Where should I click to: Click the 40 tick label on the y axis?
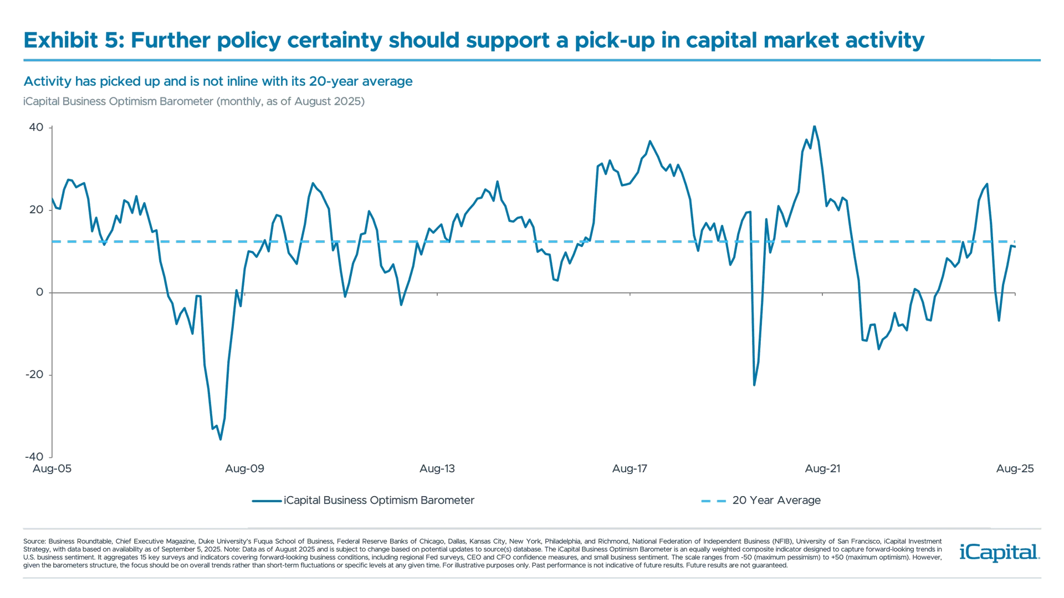tap(35, 127)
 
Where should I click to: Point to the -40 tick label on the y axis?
tap(34, 457)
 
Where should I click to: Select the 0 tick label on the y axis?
tap(39, 292)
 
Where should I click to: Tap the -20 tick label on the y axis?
tap(34, 374)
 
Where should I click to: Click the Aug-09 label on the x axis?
tap(245, 469)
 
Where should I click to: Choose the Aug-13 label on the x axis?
tap(437, 469)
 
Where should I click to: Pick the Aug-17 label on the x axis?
tap(630, 469)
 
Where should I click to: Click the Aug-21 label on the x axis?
tap(822, 469)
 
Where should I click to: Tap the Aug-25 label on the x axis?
tap(1015, 469)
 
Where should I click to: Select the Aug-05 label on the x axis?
tap(52, 469)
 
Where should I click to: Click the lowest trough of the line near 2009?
tap(220, 440)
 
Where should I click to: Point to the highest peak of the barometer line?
tap(814, 126)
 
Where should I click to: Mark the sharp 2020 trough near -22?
tap(754, 386)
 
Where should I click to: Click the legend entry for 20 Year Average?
tap(776, 501)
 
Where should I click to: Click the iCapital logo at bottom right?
tap(997, 553)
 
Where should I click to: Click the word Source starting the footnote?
tap(34, 541)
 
